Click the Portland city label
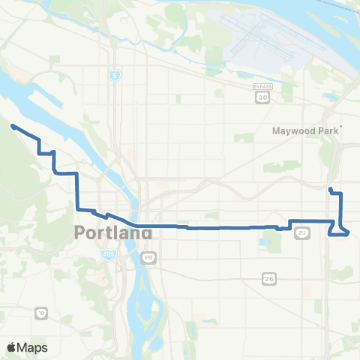point(113,233)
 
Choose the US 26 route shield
point(268,278)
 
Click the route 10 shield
point(40,312)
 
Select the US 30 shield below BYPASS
point(262,97)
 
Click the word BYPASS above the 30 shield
point(262,87)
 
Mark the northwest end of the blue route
point(13,127)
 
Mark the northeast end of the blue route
point(330,188)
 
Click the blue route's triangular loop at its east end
point(342,228)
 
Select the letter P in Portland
point(81,233)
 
